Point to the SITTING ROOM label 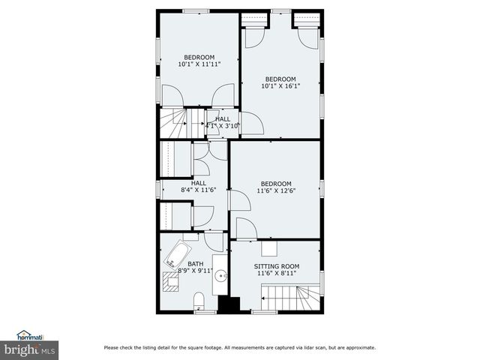coord(277,266)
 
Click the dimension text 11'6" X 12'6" coord(276,191)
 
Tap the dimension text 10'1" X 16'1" coord(280,86)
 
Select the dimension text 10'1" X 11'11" coord(199,65)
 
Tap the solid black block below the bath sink coord(227,304)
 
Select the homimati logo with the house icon coord(29,334)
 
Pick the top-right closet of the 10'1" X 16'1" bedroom coord(306,19)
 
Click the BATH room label coord(195,264)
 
